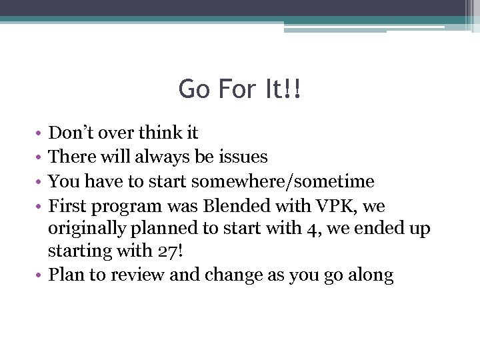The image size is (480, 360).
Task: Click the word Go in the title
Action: tap(193, 89)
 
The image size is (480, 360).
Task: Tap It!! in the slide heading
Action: tap(283, 89)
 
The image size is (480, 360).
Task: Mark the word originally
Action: tap(89, 229)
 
